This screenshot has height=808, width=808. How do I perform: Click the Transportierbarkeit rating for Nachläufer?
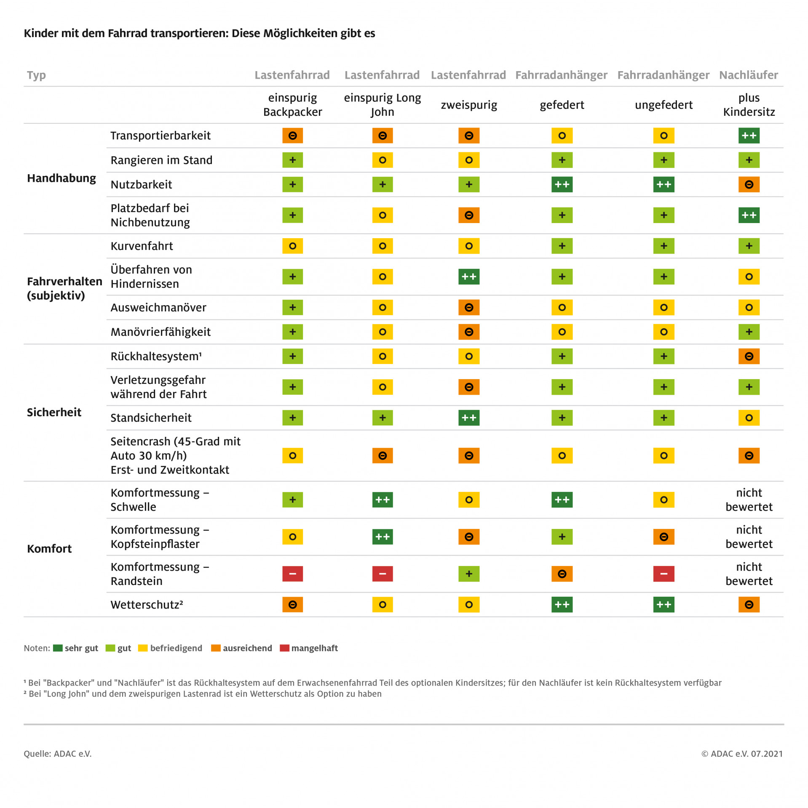click(749, 136)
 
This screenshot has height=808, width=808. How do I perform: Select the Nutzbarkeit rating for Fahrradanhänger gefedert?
click(562, 184)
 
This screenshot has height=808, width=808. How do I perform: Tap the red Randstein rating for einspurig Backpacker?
click(292, 574)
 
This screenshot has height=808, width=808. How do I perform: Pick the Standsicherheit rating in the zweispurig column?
click(468, 418)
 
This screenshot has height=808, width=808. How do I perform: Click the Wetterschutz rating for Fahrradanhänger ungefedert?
click(664, 605)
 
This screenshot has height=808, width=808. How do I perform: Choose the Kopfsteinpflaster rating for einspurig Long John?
click(382, 537)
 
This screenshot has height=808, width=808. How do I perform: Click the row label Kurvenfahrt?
click(142, 246)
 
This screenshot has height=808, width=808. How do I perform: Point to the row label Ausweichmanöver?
click(158, 308)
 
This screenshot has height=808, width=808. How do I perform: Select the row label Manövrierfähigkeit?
click(161, 332)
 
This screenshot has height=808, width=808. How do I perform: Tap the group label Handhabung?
click(62, 178)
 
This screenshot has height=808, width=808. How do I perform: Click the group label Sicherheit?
click(54, 412)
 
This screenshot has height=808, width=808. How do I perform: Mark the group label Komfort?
click(49, 549)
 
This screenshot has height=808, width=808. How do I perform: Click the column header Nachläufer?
click(748, 75)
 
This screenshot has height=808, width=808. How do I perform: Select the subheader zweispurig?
click(469, 105)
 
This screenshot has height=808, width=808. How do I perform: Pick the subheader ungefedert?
click(664, 105)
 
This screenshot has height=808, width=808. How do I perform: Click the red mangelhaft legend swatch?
click(284, 648)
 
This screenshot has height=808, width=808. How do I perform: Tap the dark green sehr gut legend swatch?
click(58, 648)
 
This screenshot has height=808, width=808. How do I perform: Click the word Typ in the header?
click(36, 75)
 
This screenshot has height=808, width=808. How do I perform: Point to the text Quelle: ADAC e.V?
click(57, 754)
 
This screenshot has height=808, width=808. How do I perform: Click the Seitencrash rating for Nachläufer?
click(749, 456)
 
